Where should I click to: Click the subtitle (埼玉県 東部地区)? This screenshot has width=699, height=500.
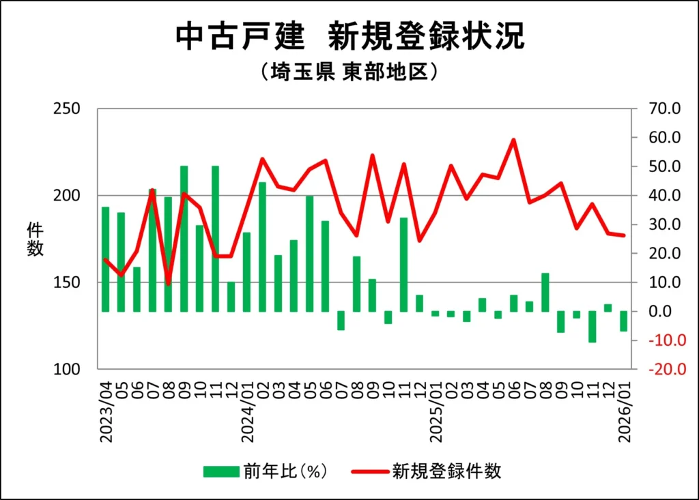[349, 72]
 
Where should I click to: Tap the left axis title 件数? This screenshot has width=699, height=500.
[35, 239]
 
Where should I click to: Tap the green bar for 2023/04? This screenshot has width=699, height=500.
[106, 259]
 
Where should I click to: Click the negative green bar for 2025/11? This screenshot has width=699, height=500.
[593, 327]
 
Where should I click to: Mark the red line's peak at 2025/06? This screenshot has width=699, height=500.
[513, 140]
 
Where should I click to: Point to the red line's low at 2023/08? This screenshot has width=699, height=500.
[169, 283]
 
